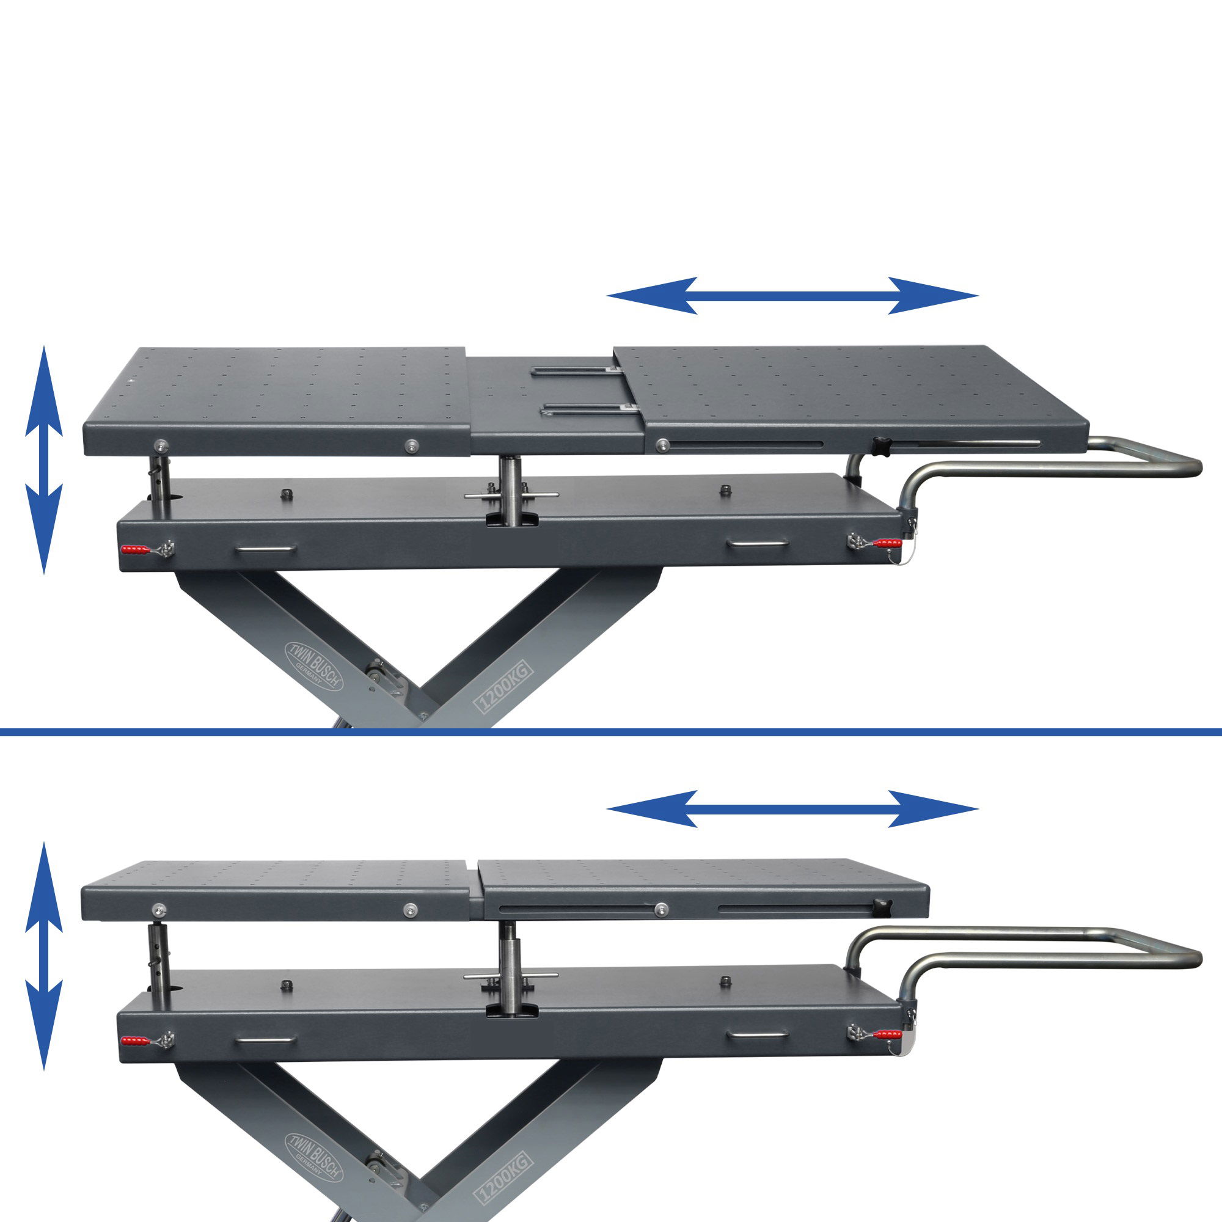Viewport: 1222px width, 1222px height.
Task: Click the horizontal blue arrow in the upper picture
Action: click(x=792, y=295)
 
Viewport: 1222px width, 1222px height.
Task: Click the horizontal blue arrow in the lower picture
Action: click(x=792, y=808)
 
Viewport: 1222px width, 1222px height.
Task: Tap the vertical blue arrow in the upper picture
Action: click(x=43, y=460)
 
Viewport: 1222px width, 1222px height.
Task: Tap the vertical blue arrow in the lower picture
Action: click(x=43, y=956)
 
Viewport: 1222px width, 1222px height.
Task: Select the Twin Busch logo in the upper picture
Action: click(x=314, y=666)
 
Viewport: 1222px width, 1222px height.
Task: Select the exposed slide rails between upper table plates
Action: click(x=582, y=391)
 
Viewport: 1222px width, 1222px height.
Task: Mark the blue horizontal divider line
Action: click(x=611, y=732)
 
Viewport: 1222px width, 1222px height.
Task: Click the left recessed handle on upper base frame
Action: click(x=265, y=550)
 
